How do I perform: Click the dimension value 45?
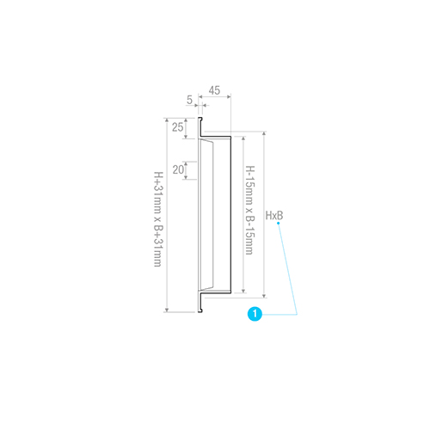point(214,90)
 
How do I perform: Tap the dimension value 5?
point(189,100)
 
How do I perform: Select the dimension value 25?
point(177,127)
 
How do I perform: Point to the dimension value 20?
point(178,169)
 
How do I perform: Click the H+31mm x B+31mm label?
point(158,219)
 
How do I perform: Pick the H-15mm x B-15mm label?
point(250,210)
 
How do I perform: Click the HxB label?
point(274,215)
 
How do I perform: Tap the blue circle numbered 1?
point(255,314)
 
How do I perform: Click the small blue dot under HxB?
point(279,223)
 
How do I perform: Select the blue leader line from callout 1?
point(288,269)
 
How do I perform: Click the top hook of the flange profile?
point(200,119)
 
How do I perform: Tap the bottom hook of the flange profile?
point(200,310)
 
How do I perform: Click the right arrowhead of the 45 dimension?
point(229,97)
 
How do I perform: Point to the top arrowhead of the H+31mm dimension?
point(167,120)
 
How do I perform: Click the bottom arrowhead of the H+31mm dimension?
point(167,310)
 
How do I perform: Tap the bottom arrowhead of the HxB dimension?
point(264,296)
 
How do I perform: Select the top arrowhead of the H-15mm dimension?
point(243,138)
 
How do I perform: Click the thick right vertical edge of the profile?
point(230,214)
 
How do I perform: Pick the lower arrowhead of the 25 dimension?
point(186,137)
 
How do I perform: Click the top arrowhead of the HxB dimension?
point(264,133)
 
